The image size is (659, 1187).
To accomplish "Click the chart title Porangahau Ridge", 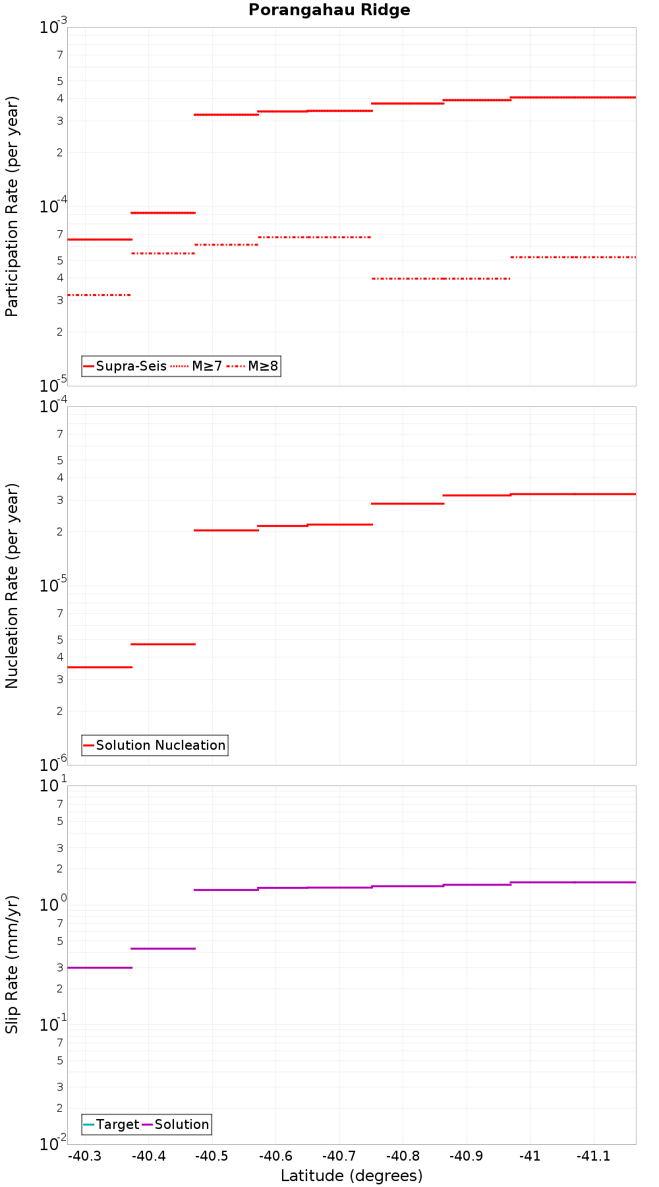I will click(x=329, y=10).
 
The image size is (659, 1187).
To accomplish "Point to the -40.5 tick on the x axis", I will click(x=212, y=1156).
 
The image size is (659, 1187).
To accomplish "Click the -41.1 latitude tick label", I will click(x=593, y=1156).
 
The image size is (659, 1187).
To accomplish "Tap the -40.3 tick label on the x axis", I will click(x=84, y=1156).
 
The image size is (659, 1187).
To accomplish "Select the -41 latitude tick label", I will click(x=529, y=1156).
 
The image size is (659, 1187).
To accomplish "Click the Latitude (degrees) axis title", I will click(x=351, y=1176).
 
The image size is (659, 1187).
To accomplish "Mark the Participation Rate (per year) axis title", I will click(x=12, y=206).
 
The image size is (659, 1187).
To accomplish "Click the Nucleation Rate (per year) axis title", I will click(x=12, y=586).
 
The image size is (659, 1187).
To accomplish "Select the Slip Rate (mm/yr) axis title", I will click(x=12, y=964).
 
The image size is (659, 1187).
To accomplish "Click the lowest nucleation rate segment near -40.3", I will click(x=100, y=667).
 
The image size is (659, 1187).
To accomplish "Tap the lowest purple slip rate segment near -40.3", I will click(x=100, y=967).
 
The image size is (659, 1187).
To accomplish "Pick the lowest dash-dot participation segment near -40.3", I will click(x=100, y=295).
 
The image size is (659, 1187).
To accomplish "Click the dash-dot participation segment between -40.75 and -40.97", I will click(x=441, y=278).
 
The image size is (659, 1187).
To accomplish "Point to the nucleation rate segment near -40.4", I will click(x=163, y=644).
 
